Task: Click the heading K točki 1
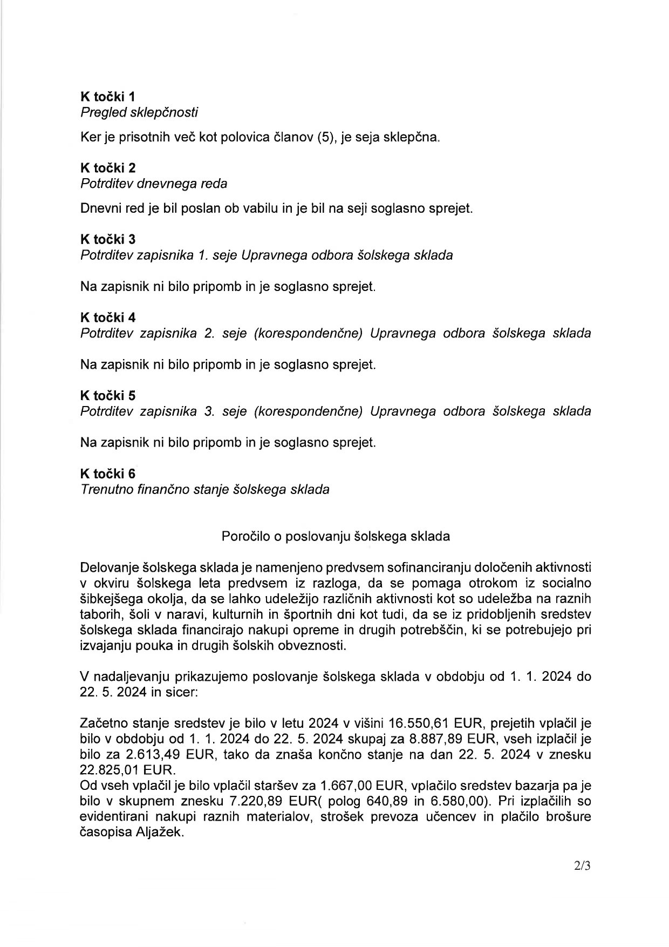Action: point(108,97)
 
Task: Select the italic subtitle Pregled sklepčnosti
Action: point(139,112)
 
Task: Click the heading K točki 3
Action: point(108,239)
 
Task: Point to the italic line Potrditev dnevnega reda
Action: point(154,183)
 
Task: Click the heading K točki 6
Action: point(108,473)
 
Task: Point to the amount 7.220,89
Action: point(216,802)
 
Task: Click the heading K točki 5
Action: point(108,395)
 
